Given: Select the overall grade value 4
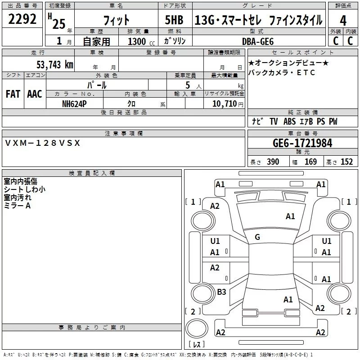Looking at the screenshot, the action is click(343, 21).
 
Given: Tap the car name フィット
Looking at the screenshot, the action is click(117, 20).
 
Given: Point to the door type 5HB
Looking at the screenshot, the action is click(174, 20).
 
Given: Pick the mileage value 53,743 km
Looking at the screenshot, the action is click(55, 64).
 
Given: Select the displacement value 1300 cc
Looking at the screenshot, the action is click(137, 42).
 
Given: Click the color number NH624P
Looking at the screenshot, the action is click(75, 103).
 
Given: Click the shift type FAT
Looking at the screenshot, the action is click(13, 94).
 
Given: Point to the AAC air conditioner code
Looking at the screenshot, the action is click(34, 94).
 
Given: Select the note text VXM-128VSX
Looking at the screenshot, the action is click(42, 143).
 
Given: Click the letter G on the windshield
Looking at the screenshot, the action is click(257, 237).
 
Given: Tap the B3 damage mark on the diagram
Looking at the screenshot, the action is click(221, 292).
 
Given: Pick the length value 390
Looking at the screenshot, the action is click(273, 162).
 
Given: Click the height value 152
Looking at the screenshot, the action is click(346, 162).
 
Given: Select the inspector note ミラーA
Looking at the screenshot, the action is click(17, 206).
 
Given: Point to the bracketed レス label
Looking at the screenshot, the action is click(197, 344).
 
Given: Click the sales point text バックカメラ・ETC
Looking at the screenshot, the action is click(282, 72).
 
